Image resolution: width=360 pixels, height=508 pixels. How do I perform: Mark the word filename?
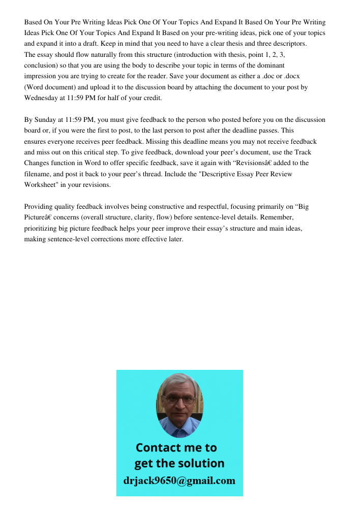(x=39, y=174)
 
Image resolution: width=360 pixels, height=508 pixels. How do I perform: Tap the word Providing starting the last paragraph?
(x=39, y=207)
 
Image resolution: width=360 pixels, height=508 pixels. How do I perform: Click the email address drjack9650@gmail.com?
(x=179, y=481)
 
